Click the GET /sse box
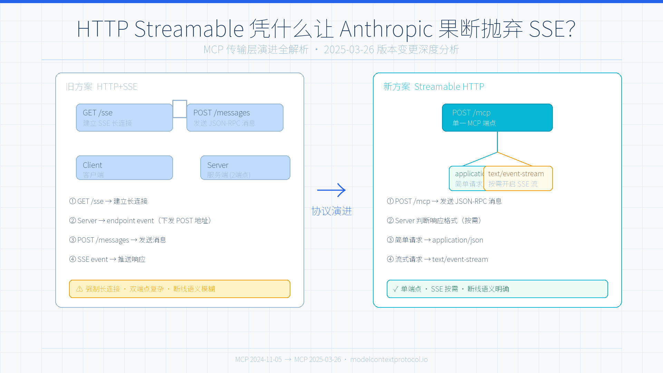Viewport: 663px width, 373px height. [x=124, y=117]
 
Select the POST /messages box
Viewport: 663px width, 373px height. [x=235, y=117]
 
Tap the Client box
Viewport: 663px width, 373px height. [x=124, y=168]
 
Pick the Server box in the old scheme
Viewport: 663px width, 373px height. [x=245, y=168]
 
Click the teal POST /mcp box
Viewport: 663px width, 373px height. [x=497, y=117]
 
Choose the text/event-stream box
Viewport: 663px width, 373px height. [x=518, y=178]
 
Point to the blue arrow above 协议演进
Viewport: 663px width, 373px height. [x=331, y=190]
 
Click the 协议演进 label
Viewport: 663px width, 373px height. [x=331, y=211]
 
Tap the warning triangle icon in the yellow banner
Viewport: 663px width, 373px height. [x=79, y=289]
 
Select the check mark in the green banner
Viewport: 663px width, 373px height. [x=396, y=289]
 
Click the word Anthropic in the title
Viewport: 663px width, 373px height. [x=386, y=29]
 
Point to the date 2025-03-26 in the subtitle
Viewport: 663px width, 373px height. [x=349, y=49]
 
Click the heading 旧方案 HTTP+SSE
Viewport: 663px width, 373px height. [x=102, y=86]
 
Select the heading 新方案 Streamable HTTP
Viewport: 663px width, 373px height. [x=434, y=86]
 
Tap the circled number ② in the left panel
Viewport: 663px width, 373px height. [x=73, y=220]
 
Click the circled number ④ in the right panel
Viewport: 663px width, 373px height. [x=390, y=259]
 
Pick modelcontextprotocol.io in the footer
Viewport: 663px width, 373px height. [x=389, y=359]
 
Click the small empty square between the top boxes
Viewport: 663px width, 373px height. [x=180, y=109]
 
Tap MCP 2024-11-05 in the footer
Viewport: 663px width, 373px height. [x=258, y=359]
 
